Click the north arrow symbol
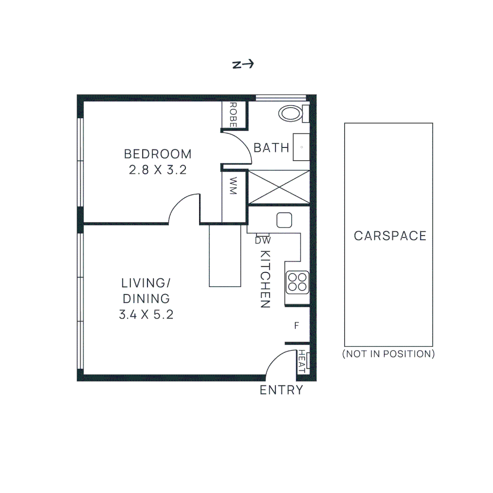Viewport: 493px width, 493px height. (243, 65)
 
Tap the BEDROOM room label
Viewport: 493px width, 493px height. (158, 153)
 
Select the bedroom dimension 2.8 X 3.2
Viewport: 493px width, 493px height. (158, 170)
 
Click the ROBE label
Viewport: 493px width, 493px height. (233, 115)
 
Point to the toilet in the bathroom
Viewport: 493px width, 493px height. (291, 113)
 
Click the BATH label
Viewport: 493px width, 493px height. (272, 148)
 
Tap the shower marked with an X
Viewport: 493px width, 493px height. (278, 187)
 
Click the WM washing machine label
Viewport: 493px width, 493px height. (233, 186)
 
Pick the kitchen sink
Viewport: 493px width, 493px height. (284, 220)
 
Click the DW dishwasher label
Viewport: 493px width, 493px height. (262, 240)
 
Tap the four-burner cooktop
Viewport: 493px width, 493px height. (297, 282)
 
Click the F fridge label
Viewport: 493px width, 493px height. (296, 326)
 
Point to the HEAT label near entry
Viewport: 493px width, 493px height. (302, 361)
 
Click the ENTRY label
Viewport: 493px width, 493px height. (281, 390)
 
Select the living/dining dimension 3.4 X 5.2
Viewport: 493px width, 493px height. (146, 315)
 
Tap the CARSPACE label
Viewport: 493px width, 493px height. (390, 236)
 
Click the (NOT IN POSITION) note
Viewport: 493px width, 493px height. (388, 354)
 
